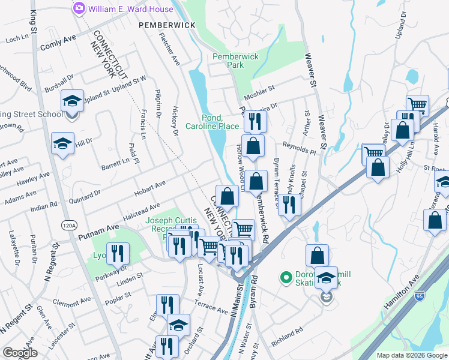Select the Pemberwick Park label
[x=236, y=60]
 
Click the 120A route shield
[x=70, y=225]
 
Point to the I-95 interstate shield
[x=420, y=295]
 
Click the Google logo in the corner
[x=20, y=353]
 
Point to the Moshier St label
[x=259, y=88]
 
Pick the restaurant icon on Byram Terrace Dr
[x=289, y=205]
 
